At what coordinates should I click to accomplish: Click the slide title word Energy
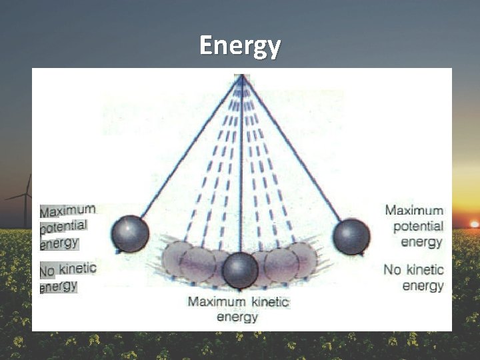click(x=240, y=46)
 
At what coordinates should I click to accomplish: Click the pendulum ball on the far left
click(x=130, y=234)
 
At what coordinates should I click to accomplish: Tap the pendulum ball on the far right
click(x=351, y=237)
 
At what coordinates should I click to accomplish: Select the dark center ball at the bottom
click(x=240, y=270)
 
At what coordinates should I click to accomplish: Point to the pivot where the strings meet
click(x=241, y=77)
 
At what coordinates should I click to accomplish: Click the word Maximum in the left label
click(x=67, y=211)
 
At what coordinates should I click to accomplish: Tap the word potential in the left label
click(x=63, y=227)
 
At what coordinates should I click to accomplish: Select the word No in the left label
click(x=47, y=271)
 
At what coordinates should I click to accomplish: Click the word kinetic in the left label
click(x=77, y=269)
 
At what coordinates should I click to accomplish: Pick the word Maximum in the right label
click(x=414, y=211)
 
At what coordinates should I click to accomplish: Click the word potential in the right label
click(x=418, y=226)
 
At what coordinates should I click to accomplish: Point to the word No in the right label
click(x=392, y=270)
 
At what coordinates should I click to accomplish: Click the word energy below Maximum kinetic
click(x=237, y=317)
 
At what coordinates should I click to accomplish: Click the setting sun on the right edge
click(x=474, y=224)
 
